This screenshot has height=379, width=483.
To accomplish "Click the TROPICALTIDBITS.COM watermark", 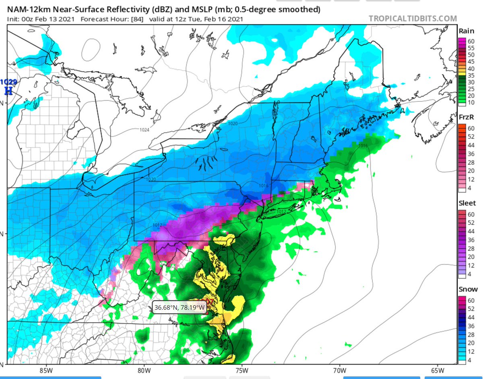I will pos(413,19).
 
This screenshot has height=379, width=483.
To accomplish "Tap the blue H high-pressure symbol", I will pos(7,91).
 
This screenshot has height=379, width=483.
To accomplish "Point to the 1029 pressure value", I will pos(8,82).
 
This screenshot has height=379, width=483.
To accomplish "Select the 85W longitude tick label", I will pos(47,370).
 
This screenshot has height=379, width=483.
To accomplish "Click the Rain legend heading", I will pos(466,31).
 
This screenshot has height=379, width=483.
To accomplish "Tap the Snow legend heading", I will pos(468,289).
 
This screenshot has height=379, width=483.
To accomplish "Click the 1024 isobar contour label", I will pos(145,130).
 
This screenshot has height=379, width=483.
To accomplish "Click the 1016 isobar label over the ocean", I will pos(363,145).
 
